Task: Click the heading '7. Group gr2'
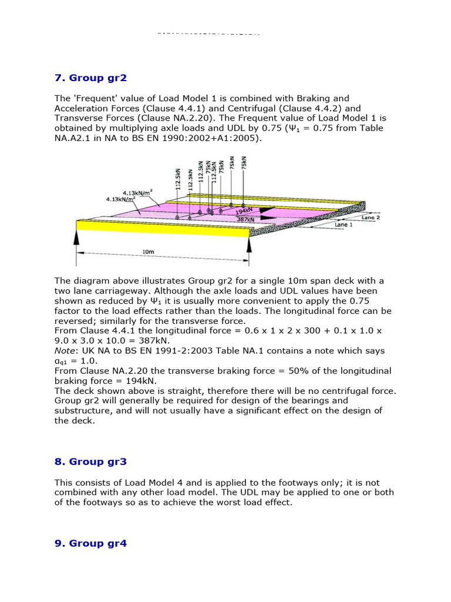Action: click(x=90, y=78)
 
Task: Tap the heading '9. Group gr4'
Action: click(x=90, y=543)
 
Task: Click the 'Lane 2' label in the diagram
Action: click(x=371, y=217)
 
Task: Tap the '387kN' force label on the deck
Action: click(x=245, y=219)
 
